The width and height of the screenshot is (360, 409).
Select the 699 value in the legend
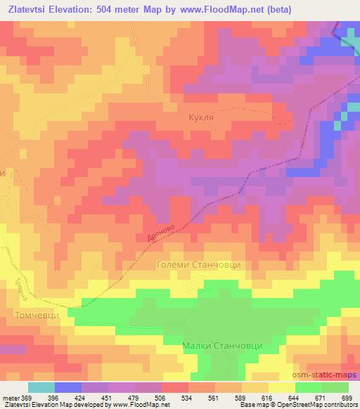(x=347, y=398)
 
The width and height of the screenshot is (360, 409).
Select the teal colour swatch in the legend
(x=41, y=388)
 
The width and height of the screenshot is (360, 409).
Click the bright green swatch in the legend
(x=308, y=388)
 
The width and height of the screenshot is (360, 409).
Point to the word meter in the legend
(x=8, y=398)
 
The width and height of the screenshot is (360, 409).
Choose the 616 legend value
(x=267, y=398)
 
